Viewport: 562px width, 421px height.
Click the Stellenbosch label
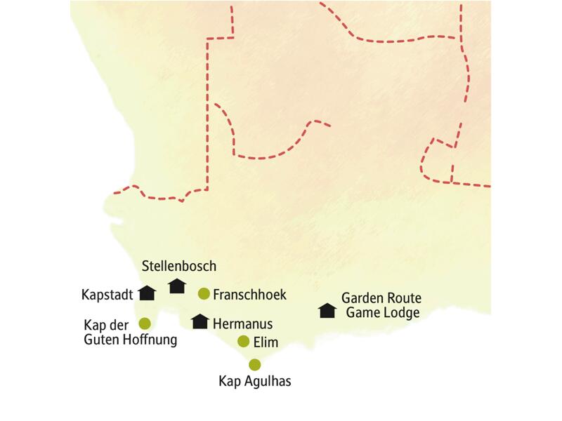tap(178, 266)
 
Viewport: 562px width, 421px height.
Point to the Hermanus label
tap(242, 323)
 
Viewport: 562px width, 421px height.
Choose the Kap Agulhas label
tap(255, 382)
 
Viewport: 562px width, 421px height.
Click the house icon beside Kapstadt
tap(147, 293)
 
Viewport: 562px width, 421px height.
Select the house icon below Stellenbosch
tap(177, 286)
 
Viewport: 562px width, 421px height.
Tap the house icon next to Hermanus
tap(200, 321)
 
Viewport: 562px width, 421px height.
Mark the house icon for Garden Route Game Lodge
tap(327, 310)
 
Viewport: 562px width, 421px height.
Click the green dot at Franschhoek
tap(204, 293)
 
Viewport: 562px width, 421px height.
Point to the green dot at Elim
tap(243, 342)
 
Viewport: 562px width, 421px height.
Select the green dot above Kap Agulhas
tap(254, 364)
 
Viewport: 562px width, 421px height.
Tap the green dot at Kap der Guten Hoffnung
tap(145, 323)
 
